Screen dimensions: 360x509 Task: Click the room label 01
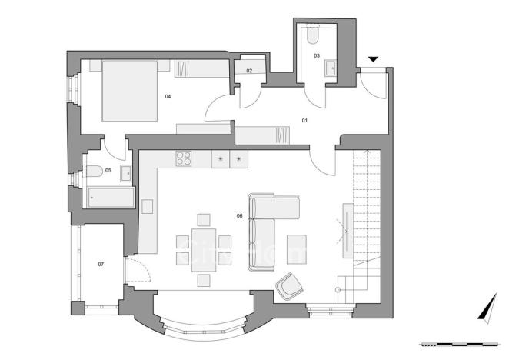pyautogui.click(x=304, y=120)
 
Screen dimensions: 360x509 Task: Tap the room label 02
pyautogui.click(x=249, y=71)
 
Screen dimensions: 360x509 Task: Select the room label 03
pyautogui.click(x=316, y=55)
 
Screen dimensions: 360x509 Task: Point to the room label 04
pyautogui.click(x=168, y=96)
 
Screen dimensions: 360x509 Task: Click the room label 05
pyautogui.click(x=108, y=170)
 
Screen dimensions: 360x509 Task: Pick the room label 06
pyautogui.click(x=240, y=215)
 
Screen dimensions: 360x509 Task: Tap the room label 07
pyautogui.click(x=101, y=264)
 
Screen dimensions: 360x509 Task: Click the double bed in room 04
pyautogui.click(x=128, y=90)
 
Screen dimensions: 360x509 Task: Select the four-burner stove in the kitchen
pyautogui.click(x=185, y=159)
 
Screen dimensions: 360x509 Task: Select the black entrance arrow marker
pyautogui.click(x=373, y=59)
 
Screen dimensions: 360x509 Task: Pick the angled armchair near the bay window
pyautogui.click(x=290, y=287)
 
